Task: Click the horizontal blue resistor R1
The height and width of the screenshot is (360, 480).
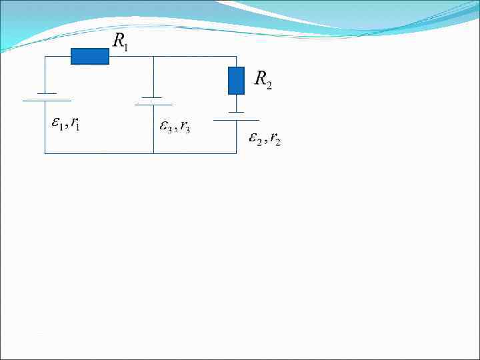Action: (x=90, y=57)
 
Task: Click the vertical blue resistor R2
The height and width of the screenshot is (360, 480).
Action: (x=236, y=81)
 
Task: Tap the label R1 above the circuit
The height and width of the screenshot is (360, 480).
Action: (x=121, y=42)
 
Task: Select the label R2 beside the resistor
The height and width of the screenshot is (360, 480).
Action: (x=263, y=80)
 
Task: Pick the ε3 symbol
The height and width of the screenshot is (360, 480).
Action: (x=165, y=126)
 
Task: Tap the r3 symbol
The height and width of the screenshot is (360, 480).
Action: (x=184, y=127)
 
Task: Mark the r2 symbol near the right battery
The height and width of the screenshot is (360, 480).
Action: (x=275, y=139)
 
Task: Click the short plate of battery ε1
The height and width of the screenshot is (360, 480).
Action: (x=45, y=93)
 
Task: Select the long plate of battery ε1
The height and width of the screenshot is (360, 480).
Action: (x=45, y=101)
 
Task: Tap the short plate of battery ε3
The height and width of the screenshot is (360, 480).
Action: (x=153, y=97)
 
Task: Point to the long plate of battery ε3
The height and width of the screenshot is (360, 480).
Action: (x=153, y=105)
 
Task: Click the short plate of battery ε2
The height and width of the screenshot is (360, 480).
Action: (x=236, y=112)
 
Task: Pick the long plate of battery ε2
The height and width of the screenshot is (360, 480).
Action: (x=236, y=120)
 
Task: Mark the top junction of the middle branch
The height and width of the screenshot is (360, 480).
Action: (x=153, y=57)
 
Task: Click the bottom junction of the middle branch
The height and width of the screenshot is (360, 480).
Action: (x=153, y=153)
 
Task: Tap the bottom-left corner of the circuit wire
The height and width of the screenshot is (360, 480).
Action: (x=45, y=153)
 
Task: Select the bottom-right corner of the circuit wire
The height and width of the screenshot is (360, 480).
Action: (x=236, y=153)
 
